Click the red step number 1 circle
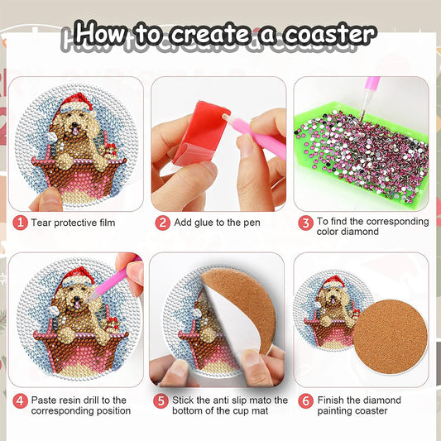click(20, 223)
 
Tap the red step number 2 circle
click(163, 223)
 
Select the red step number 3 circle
click(305, 222)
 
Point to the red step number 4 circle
click(20, 400)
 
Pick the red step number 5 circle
click(163, 400)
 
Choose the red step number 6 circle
click(305, 400)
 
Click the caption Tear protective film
click(74, 223)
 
